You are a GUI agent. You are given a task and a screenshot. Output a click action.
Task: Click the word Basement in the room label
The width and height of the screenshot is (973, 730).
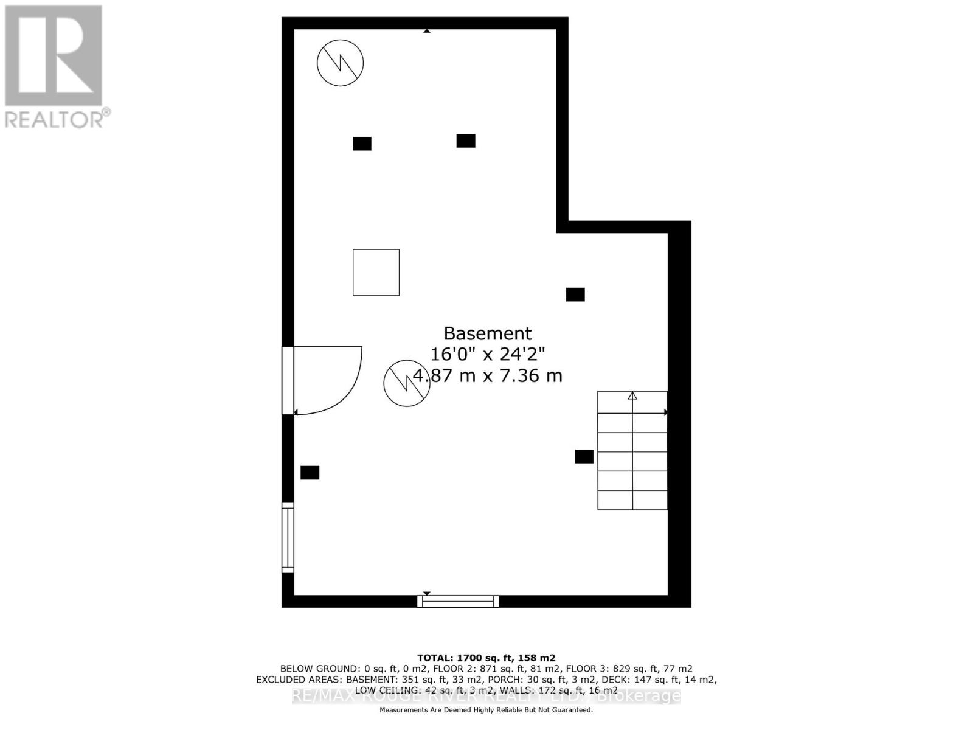(x=487, y=333)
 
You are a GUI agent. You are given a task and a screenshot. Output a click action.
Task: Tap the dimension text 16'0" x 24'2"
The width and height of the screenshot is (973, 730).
(x=487, y=354)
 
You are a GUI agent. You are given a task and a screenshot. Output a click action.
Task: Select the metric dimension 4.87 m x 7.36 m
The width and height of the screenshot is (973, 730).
(x=487, y=375)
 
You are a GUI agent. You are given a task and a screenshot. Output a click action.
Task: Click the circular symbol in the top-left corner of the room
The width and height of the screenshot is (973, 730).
(x=341, y=63)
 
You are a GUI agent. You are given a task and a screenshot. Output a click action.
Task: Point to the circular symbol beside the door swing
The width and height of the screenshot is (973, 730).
(x=406, y=383)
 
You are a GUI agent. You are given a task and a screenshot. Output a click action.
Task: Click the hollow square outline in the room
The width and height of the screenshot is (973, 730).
(x=376, y=273)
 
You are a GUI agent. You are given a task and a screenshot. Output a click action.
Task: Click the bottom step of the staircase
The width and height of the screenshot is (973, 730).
(x=632, y=500)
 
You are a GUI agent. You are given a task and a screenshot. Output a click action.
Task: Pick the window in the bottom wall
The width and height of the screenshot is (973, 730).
(x=458, y=602)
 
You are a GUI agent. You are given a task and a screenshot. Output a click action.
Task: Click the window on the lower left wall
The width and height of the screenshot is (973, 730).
(x=288, y=538)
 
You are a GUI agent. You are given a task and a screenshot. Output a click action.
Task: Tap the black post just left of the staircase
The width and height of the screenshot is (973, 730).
(x=584, y=456)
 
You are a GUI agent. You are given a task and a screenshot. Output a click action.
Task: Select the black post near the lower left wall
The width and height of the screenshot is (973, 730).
(x=310, y=473)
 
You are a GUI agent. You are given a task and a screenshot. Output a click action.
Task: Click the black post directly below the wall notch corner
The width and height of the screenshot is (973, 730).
(x=575, y=294)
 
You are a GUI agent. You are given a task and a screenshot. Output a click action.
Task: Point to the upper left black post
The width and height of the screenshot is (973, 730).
(x=362, y=144)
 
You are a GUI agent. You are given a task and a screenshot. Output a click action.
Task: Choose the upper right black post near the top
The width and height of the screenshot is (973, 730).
(x=466, y=141)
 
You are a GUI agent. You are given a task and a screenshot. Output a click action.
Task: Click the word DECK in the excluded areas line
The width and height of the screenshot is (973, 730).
(x=616, y=680)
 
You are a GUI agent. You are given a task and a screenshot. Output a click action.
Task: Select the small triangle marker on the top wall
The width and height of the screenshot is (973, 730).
(x=427, y=30)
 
